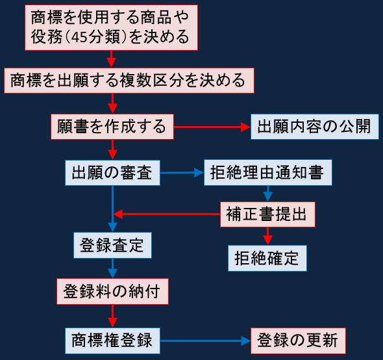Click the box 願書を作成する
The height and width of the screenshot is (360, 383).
tap(112, 127)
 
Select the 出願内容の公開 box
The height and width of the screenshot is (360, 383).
tap(315, 127)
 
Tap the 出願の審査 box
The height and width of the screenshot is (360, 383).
tap(112, 173)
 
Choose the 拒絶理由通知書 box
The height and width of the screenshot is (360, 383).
tap(268, 172)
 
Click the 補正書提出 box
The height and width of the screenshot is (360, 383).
tap(267, 214)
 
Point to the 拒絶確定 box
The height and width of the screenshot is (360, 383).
tap(267, 258)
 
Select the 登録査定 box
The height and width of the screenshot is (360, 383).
tap(112, 245)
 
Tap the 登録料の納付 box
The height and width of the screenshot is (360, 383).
tap(112, 291)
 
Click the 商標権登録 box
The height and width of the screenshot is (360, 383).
tap(112, 341)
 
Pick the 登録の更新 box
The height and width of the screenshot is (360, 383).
tap(298, 341)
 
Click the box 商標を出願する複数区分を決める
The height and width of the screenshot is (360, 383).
tap(129, 81)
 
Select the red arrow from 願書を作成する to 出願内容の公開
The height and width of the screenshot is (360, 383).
tap(212, 127)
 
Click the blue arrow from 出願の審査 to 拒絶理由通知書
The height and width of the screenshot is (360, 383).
tap(182, 173)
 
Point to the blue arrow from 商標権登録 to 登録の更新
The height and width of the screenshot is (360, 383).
tap(205, 341)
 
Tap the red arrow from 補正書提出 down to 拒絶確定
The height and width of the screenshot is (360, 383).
tap(267, 236)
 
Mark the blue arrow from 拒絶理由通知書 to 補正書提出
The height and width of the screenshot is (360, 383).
tap(267, 194)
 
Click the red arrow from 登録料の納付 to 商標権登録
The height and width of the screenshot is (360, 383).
tap(112, 316)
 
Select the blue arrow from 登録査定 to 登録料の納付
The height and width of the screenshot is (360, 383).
tap(112, 268)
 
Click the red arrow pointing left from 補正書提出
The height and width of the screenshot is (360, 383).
tap(167, 214)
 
